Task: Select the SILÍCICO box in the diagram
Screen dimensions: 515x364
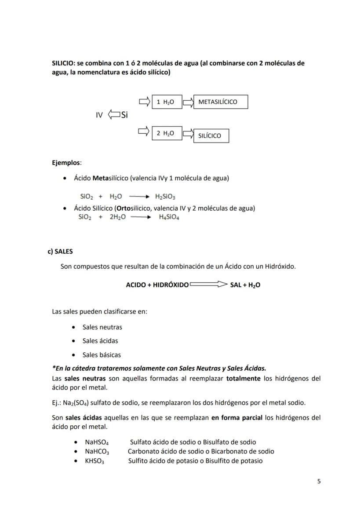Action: point(211,136)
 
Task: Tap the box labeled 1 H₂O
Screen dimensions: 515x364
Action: point(167,102)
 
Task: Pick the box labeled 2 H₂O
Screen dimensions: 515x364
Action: point(167,133)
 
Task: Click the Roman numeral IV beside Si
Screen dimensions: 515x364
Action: point(99,115)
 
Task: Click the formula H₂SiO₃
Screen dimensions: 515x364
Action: point(165,197)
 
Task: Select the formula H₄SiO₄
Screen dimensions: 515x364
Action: point(169,217)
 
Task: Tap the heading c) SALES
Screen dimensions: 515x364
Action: point(60,252)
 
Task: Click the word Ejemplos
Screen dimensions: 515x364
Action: point(66,163)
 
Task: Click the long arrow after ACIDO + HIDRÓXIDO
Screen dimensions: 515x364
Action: point(208,285)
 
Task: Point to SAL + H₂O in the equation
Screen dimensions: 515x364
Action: point(245,285)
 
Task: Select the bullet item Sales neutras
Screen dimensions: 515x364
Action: point(102,327)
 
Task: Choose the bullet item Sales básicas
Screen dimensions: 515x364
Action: point(102,355)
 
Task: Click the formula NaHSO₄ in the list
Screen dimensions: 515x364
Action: point(97,442)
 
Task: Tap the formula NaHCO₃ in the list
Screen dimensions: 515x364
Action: point(97,452)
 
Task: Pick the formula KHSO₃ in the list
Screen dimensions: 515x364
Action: point(95,461)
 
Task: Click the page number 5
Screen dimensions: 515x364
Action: point(319,481)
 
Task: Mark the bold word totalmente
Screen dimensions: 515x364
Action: point(243,378)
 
